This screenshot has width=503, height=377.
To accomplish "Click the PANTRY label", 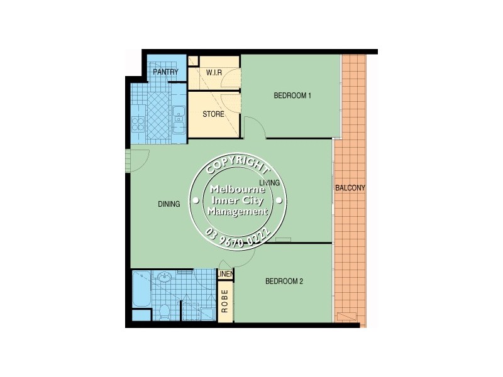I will point(165,72).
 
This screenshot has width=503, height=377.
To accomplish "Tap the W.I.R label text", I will point(214,72).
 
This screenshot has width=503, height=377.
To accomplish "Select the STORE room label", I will point(213,114).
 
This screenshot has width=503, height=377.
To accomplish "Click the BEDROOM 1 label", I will point(293,96).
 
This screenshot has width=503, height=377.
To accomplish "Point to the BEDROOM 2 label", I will point(284,281).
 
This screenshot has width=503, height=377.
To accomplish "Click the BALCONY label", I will point(350,188).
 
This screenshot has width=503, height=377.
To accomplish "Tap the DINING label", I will point(169,204).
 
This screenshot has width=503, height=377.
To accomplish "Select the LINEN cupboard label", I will point(225,275).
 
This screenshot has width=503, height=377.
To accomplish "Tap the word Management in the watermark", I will point(238,212).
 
